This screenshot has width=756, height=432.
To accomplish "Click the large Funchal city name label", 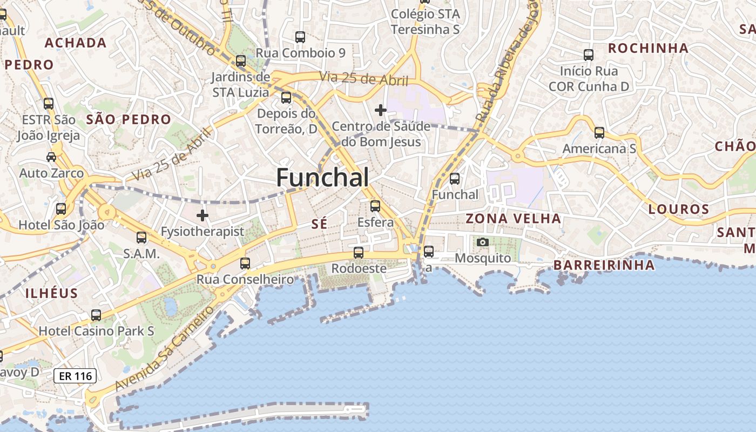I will click(x=323, y=177).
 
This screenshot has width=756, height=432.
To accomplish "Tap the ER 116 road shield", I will click(x=75, y=376).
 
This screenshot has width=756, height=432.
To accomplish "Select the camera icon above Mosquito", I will click(x=483, y=242).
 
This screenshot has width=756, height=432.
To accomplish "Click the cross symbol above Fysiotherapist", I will click(x=202, y=215).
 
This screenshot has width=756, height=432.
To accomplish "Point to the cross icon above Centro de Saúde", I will click(x=381, y=110).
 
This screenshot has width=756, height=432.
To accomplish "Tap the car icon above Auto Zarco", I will click(x=51, y=157).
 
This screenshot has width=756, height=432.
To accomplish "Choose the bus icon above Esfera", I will click(x=375, y=206).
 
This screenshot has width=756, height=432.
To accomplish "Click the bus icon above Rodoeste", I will click(x=358, y=252).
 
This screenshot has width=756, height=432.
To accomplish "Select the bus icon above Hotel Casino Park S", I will click(x=96, y=315).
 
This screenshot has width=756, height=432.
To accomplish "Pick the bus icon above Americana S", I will click(x=599, y=132).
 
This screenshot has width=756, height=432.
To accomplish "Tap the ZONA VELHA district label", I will click(x=513, y=219).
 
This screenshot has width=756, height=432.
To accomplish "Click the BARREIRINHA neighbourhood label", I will click(x=604, y=265).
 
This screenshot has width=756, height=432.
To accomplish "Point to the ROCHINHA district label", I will click(x=648, y=48).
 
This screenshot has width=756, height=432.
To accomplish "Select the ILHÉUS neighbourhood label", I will click(x=52, y=293).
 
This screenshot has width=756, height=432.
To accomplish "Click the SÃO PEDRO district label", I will click(x=129, y=119).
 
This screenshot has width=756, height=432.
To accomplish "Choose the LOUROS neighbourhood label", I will click(x=678, y=209).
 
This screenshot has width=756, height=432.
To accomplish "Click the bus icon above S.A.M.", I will click(x=141, y=237).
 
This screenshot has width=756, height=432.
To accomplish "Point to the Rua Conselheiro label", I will click(x=245, y=279).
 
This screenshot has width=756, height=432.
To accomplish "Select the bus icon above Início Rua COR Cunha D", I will click(x=589, y=55).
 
